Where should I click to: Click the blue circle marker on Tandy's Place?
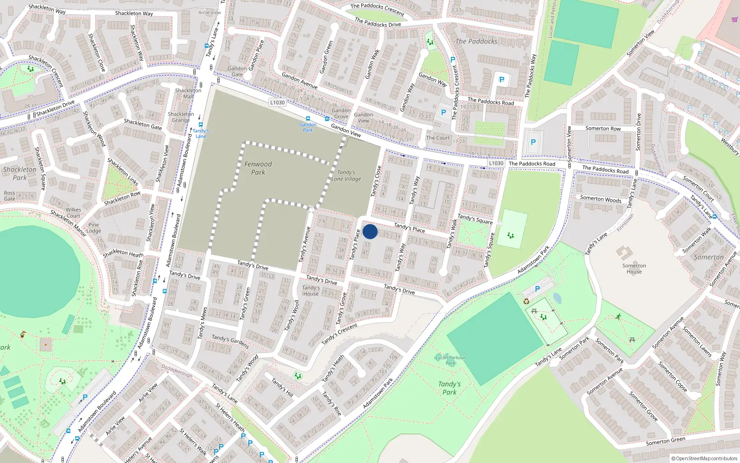370,231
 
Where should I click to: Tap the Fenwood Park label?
258,168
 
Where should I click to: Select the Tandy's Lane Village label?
346,175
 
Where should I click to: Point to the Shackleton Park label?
19,173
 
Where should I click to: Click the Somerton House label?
634,269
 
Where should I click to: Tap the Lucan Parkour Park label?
450,360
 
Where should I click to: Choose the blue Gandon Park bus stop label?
308,127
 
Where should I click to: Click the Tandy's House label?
311,290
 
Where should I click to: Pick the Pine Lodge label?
94,227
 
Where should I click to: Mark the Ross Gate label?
9,196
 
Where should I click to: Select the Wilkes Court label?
74,213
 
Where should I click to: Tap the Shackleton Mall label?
188,93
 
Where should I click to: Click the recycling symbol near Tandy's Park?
526,301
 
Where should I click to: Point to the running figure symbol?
618,317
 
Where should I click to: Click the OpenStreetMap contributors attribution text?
704,459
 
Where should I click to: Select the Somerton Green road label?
666,441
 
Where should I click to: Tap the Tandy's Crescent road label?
339,333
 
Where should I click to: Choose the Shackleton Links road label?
123,171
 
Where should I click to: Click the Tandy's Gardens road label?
230,342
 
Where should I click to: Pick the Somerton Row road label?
603,129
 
